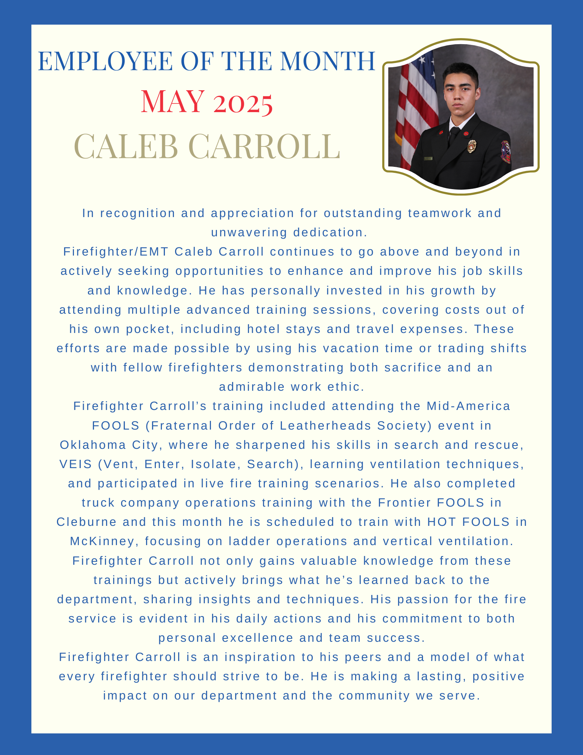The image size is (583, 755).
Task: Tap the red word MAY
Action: [x=172, y=102]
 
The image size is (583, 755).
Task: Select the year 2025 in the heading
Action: [x=243, y=103]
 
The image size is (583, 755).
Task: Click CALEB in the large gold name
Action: [x=126, y=146]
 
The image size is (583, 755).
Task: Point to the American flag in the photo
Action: [x=415, y=109]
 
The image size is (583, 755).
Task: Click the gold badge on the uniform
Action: [x=472, y=146]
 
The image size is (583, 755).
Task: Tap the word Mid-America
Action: [x=468, y=406]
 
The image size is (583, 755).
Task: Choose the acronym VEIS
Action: [x=76, y=464]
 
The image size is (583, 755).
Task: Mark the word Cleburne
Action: [x=86, y=522]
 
